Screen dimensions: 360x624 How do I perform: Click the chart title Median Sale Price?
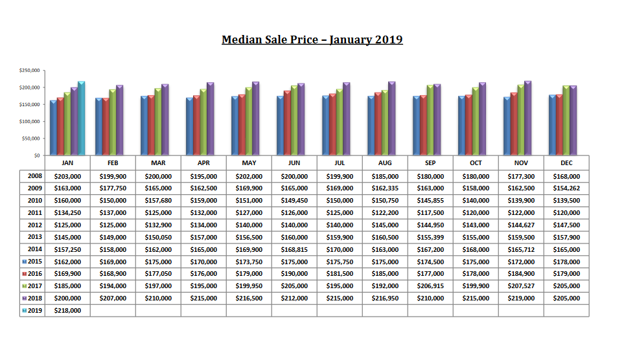(312, 39)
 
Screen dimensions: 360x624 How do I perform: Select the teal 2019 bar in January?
(81, 118)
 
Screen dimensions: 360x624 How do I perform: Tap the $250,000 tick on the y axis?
(30, 70)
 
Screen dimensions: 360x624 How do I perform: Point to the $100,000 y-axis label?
(30, 121)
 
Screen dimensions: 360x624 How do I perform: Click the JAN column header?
(67, 163)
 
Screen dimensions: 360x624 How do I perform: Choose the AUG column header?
(385, 163)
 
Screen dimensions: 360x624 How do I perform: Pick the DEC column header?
(566, 163)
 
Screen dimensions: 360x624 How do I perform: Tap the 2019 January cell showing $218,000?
(67, 311)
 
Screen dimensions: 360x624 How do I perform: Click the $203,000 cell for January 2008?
(67, 176)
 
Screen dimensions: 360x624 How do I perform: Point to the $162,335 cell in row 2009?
(385, 188)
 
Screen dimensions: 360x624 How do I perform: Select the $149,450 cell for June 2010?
(294, 201)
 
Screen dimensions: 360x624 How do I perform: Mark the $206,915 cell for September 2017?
(430, 286)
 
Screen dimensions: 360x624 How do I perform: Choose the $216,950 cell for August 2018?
(385, 298)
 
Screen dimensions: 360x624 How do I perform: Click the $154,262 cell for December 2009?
(566, 188)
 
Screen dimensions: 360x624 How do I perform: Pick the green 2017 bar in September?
(430, 120)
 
